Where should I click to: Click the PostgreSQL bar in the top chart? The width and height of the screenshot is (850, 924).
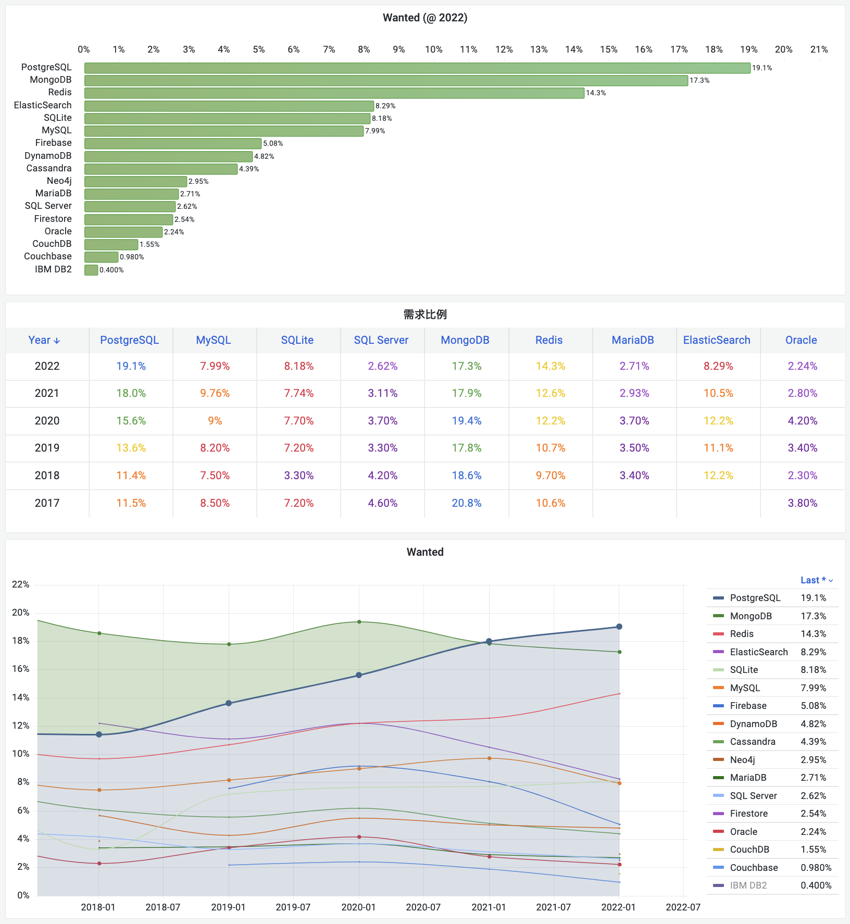pyautogui.click(x=417, y=68)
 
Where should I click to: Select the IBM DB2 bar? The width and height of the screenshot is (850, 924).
pyautogui.click(x=91, y=270)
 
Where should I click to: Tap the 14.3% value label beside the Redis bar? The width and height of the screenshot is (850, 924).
pyautogui.click(x=596, y=93)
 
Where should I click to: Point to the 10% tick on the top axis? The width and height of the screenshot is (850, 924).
pyautogui.click(x=433, y=49)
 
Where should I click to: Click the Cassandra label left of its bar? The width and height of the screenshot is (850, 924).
pyautogui.click(x=49, y=168)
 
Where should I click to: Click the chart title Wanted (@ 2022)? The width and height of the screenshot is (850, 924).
pyautogui.click(x=425, y=18)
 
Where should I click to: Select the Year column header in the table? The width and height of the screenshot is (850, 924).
pyautogui.click(x=44, y=340)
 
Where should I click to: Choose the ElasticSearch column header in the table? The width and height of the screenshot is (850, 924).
pyautogui.click(x=717, y=340)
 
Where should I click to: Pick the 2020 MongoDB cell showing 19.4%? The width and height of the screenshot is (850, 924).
pyautogui.click(x=466, y=421)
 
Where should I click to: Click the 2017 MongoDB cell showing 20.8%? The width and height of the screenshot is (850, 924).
pyautogui.click(x=466, y=503)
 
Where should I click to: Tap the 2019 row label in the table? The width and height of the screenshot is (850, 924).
pyautogui.click(x=47, y=448)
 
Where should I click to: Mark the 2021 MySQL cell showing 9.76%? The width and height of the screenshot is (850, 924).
pyautogui.click(x=215, y=393)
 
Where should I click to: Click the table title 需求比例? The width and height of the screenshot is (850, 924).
pyautogui.click(x=425, y=315)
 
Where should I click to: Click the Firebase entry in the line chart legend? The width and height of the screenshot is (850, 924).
pyautogui.click(x=748, y=706)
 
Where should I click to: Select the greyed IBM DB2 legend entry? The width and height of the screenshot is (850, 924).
pyautogui.click(x=748, y=885)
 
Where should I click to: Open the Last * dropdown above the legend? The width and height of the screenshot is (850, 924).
pyautogui.click(x=816, y=580)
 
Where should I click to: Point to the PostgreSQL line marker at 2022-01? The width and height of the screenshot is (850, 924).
pyautogui.click(x=619, y=627)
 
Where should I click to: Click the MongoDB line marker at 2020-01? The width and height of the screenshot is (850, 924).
pyautogui.click(x=359, y=622)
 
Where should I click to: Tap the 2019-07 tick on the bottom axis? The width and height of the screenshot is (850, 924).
pyautogui.click(x=293, y=907)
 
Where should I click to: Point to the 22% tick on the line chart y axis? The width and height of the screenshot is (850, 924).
pyautogui.click(x=21, y=584)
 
